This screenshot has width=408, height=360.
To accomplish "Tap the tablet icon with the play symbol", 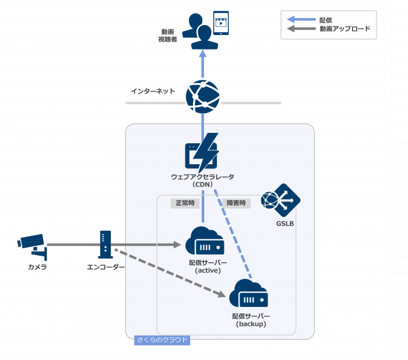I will [x=221, y=23].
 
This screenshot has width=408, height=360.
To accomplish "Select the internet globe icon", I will [x=203, y=96].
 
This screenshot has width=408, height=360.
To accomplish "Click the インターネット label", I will [x=153, y=91].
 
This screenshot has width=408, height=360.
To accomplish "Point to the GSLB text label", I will [x=285, y=224].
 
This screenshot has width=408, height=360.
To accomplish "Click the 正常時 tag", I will [x=185, y=203].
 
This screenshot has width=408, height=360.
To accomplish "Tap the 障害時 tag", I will [x=235, y=203].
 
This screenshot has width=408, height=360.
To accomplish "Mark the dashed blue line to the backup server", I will [x=233, y=233].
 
